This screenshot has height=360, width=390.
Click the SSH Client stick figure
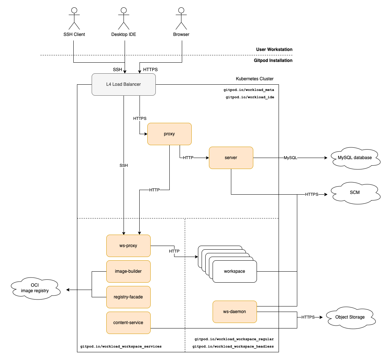(x=74, y=18)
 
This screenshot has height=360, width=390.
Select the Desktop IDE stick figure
(x=124, y=18)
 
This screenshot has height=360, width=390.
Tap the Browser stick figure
(x=181, y=18)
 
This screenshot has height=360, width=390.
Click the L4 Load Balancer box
(x=124, y=84)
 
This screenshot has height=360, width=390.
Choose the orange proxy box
(x=169, y=134)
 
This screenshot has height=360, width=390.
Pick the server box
(x=231, y=158)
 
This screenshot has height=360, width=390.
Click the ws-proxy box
(x=128, y=246)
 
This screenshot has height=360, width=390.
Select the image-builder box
(x=128, y=271)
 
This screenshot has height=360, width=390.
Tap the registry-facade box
(x=128, y=297)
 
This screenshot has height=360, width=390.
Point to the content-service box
(x=128, y=323)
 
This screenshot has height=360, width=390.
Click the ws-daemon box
(x=235, y=312)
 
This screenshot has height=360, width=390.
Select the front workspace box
(x=235, y=272)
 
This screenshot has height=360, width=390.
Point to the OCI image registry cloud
(x=35, y=288)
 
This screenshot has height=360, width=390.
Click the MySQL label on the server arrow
(x=291, y=158)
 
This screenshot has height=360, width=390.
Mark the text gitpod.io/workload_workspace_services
(x=121, y=346)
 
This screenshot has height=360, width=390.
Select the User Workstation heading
(x=274, y=49)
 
